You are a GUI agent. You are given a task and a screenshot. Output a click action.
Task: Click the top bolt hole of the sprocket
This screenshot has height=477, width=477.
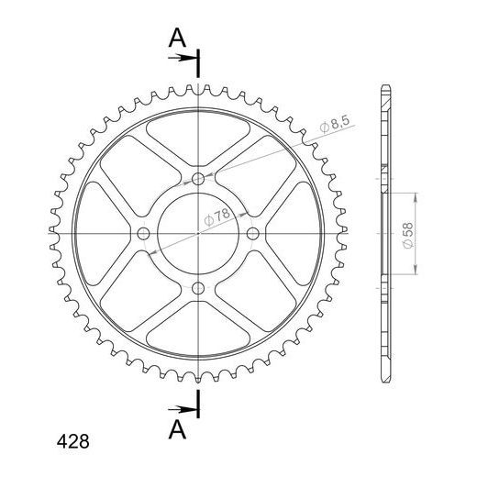(198, 179)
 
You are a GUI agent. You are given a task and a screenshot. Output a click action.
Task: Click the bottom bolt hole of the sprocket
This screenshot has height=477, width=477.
(198, 287)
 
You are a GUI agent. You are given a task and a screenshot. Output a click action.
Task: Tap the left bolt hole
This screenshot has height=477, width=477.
(143, 234)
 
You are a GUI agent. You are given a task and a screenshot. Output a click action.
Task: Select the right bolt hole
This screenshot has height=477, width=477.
(252, 234)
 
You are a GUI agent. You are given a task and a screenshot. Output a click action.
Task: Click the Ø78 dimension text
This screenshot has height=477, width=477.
(216, 216)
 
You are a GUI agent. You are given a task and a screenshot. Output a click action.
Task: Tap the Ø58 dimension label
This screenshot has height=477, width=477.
(408, 236)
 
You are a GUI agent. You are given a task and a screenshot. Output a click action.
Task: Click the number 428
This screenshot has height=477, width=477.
(73, 441)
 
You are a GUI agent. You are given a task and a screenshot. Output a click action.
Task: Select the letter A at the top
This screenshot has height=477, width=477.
(177, 38)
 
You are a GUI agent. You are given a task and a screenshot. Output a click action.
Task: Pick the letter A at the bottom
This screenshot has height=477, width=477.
(177, 429)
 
